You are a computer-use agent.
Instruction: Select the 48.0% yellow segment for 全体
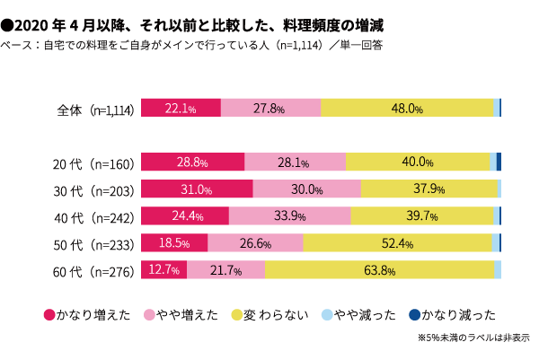[x=407, y=109]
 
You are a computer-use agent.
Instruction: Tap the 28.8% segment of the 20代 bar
[x=193, y=162]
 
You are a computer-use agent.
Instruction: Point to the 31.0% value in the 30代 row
[x=196, y=189]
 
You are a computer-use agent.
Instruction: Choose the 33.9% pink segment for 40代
[x=289, y=215]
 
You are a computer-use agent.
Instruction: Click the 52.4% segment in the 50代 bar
[x=397, y=242]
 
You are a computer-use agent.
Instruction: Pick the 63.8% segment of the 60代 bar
[x=379, y=269]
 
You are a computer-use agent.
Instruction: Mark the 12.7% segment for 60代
[x=164, y=269]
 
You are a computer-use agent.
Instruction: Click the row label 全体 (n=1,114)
[x=95, y=110]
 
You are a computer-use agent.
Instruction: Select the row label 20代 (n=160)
[x=93, y=163]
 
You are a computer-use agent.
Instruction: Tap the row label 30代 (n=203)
[x=93, y=189]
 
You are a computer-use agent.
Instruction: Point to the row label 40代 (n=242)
[x=93, y=216]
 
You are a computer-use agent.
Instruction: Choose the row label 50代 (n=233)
[x=93, y=243]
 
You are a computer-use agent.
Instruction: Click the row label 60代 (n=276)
[x=93, y=270]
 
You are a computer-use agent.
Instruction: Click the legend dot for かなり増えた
[x=49, y=314]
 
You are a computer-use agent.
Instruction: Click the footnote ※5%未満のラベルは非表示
[x=473, y=338]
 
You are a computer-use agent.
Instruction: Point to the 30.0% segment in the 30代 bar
[x=307, y=189]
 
